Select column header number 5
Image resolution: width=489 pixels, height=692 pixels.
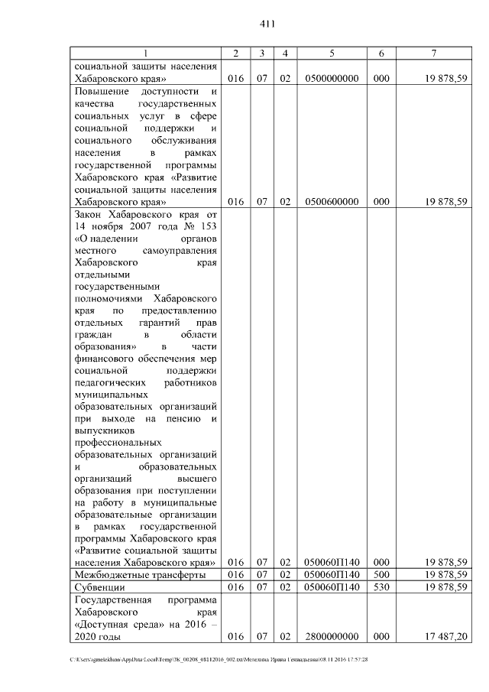tap(332, 53)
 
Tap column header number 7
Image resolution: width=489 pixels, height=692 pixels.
tap(433, 53)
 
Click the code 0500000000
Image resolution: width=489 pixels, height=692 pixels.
tap(332, 79)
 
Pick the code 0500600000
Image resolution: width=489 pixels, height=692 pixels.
tap(332, 202)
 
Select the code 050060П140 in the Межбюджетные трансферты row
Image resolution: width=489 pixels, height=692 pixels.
tap(332, 574)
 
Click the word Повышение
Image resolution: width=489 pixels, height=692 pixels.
tap(101, 92)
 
